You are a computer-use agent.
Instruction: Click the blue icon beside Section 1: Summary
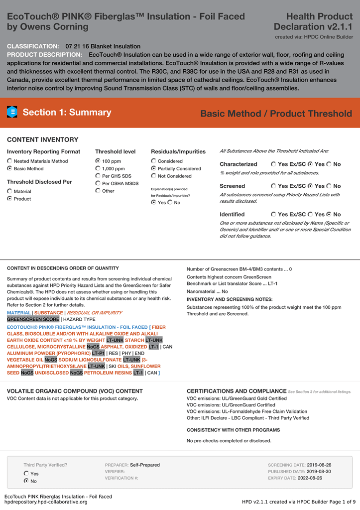(x=12, y=113)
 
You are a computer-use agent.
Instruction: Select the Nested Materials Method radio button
(x=10, y=161)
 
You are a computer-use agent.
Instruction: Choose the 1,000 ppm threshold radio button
(x=98, y=169)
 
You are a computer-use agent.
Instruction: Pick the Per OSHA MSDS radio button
(x=98, y=184)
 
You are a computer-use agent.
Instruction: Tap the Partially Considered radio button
(x=153, y=169)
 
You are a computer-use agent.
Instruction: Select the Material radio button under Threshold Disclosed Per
(x=10, y=191)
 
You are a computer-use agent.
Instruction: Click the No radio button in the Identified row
(x=330, y=214)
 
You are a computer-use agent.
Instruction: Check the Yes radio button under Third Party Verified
(x=27, y=474)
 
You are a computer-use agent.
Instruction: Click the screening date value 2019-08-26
(x=319, y=465)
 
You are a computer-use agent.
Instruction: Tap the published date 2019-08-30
(x=319, y=471)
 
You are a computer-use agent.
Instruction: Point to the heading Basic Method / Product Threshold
(x=276, y=114)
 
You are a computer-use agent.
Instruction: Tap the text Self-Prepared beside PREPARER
(x=145, y=465)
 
